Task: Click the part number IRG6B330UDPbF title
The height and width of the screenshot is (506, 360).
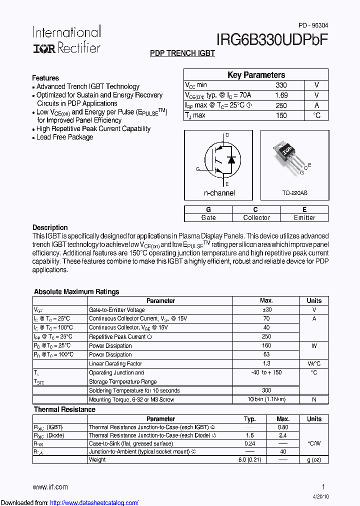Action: (x=272, y=40)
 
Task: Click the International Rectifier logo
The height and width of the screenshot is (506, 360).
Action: (x=66, y=39)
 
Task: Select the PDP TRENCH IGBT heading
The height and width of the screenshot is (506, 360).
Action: (x=182, y=53)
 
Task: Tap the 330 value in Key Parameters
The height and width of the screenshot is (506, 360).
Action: (x=281, y=85)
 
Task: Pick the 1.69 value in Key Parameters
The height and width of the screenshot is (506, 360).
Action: (x=281, y=95)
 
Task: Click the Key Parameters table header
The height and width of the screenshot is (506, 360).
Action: (x=256, y=75)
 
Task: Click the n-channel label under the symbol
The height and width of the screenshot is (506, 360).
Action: (x=219, y=193)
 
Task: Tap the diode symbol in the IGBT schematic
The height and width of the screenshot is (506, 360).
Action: (x=231, y=159)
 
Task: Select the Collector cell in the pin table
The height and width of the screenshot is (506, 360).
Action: (x=256, y=217)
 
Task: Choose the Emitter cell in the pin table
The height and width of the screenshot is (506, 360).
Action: (x=304, y=217)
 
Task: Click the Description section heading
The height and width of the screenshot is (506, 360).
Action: (x=50, y=227)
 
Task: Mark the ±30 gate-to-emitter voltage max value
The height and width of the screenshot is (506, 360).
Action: (x=266, y=310)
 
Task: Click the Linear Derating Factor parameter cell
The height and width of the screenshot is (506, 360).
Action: (x=115, y=364)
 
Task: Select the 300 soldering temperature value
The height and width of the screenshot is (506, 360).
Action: (x=266, y=390)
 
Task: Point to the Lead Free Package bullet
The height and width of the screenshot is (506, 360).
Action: (x=64, y=137)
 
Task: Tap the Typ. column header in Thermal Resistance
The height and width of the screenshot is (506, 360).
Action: (x=250, y=419)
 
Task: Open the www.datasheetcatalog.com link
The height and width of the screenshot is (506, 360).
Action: (x=94, y=502)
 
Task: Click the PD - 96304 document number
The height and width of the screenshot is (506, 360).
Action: (x=313, y=25)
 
